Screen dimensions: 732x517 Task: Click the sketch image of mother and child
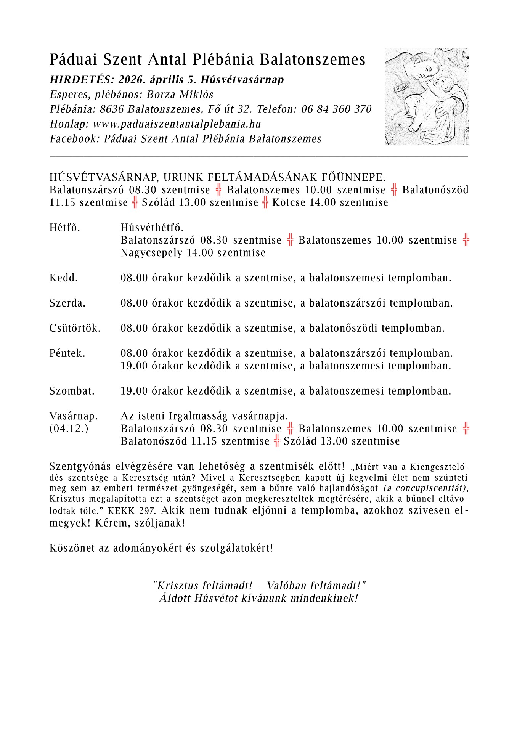pyautogui.click(x=426, y=96)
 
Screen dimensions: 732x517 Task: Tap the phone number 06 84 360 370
pyautogui.click(x=336, y=109)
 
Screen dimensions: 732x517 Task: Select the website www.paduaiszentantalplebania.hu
pyautogui.click(x=177, y=124)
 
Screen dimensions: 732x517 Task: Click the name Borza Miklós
pyautogui.click(x=180, y=95)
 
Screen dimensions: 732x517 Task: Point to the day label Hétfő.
pyautogui.click(x=65, y=228)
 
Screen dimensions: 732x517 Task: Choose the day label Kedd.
pyautogui.click(x=64, y=278)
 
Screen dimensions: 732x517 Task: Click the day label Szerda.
pyautogui.click(x=67, y=303)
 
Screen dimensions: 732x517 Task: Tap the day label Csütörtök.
pyautogui.click(x=75, y=328)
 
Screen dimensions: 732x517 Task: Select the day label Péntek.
pyautogui.click(x=67, y=353)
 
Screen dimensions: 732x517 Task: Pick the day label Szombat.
pyautogui.click(x=72, y=391)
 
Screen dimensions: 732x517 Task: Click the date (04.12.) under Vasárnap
pyautogui.click(x=69, y=429)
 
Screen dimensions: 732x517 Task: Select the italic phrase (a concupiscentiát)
pyautogui.click(x=425, y=488)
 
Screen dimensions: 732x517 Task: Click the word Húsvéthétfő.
pyautogui.click(x=152, y=228)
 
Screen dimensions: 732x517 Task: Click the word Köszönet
pyautogui.click(x=72, y=548)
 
